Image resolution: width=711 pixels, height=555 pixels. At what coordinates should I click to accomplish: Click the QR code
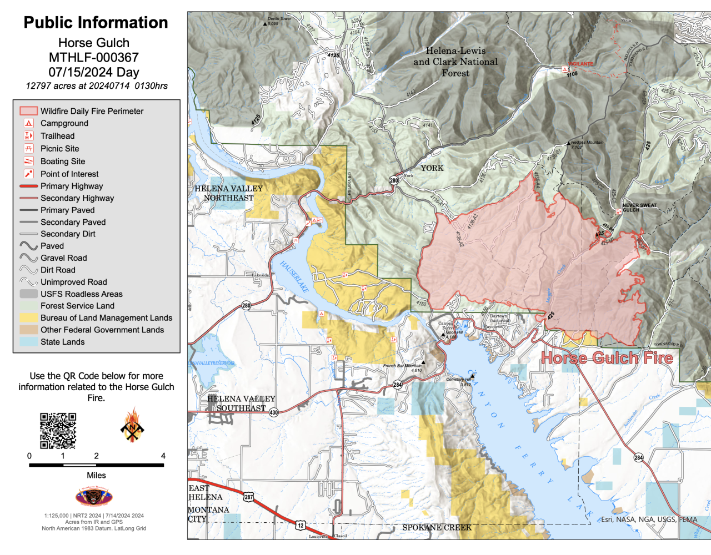(x=58, y=431)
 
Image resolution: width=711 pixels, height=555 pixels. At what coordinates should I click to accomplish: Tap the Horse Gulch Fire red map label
(x=607, y=358)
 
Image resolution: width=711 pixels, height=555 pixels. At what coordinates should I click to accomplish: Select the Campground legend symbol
(x=29, y=123)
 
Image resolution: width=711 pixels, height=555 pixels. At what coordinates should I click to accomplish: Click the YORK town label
(x=432, y=168)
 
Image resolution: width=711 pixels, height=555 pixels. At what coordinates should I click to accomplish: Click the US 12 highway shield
(x=301, y=525)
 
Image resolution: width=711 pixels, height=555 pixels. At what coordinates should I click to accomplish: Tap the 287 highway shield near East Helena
(x=249, y=497)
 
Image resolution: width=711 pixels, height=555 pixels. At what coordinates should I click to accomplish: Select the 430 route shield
(x=273, y=412)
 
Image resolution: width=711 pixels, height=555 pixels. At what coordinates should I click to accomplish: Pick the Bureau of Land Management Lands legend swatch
(x=29, y=318)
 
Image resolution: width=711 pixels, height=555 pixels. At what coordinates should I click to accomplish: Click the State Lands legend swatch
(x=29, y=342)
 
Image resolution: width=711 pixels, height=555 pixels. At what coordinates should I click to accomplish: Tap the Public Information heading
(x=96, y=23)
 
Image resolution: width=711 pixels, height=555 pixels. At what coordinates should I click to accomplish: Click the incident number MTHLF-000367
(x=94, y=58)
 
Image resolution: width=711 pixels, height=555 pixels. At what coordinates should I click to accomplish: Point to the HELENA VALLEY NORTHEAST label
(x=228, y=193)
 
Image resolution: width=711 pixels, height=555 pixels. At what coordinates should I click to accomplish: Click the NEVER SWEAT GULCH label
(x=639, y=208)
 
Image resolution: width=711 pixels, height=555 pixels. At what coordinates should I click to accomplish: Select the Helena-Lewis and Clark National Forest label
(x=455, y=62)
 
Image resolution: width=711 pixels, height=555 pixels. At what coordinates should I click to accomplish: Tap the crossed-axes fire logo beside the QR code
(x=132, y=426)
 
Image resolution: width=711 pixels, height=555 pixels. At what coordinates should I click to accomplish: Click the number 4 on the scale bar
(x=163, y=456)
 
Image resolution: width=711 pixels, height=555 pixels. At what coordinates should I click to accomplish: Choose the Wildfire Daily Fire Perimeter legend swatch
(x=29, y=111)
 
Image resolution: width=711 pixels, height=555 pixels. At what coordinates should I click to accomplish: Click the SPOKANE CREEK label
(x=437, y=527)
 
